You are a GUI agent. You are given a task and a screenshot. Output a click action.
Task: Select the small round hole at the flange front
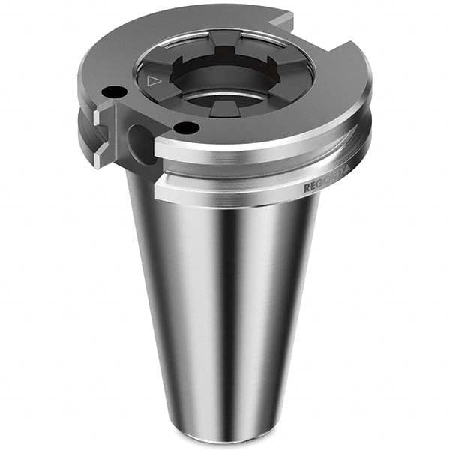click(x=185, y=128)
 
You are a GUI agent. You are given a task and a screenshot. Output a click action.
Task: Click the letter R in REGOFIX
click(x=307, y=190)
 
